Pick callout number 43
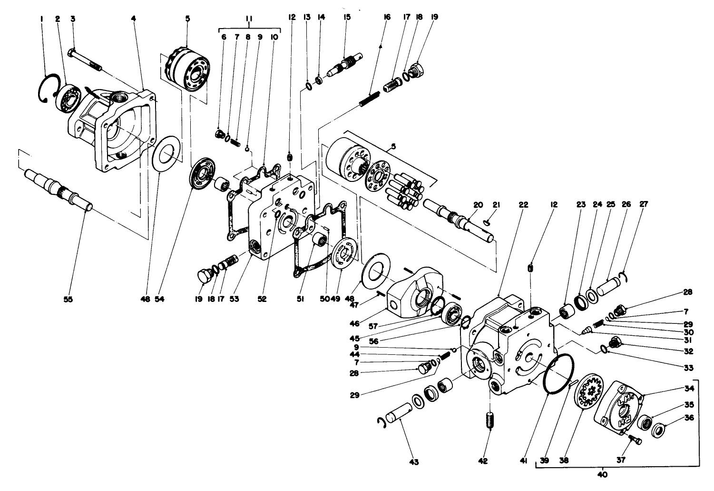point(414,461)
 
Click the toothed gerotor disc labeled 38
point(588,393)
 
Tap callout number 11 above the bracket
point(248,18)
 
